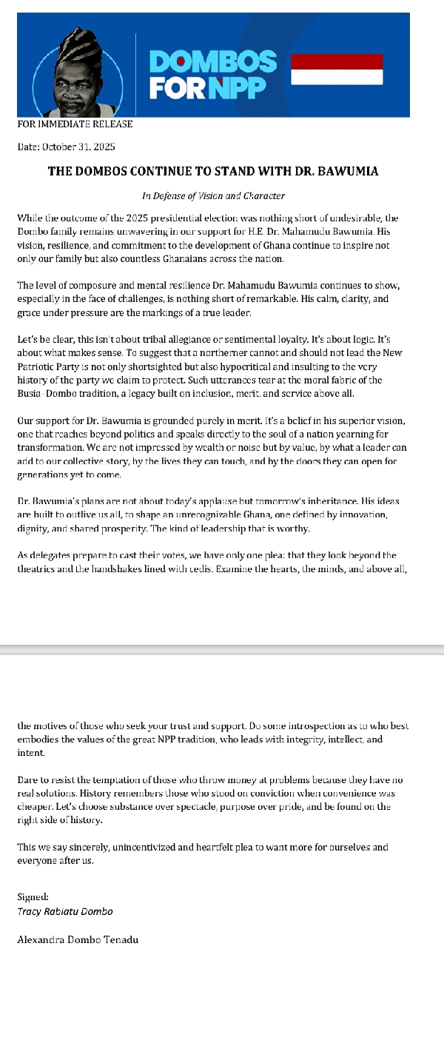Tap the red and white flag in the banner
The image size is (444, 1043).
point(337,69)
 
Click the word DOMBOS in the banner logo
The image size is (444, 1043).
point(213,61)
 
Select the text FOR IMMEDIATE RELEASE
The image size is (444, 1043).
point(75,124)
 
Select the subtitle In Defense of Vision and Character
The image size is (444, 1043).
point(213,196)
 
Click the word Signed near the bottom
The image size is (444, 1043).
point(32,897)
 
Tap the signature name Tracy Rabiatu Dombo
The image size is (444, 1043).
point(65,911)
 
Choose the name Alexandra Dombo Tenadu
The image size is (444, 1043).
point(78,940)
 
